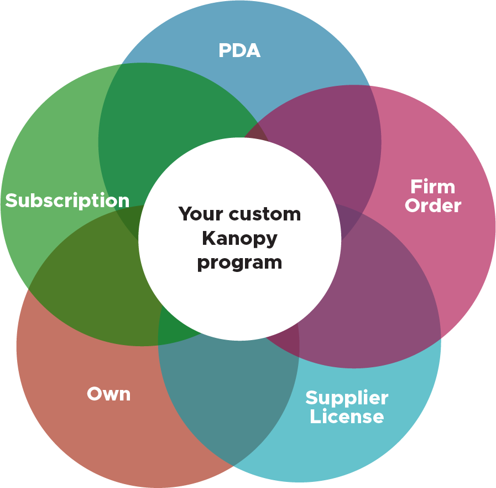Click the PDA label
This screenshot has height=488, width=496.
tap(239, 51)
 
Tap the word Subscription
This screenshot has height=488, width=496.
tap(67, 201)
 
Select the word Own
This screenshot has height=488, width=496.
tap(109, 394)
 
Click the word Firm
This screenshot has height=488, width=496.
tap(433, 186)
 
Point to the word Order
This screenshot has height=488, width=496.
tap(433, 206)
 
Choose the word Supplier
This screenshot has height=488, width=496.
tap(347, 398)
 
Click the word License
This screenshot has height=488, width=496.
tap(347, 417)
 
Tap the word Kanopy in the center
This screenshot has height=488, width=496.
tap(239, 238)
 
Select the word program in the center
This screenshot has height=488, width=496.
tap(239, 261)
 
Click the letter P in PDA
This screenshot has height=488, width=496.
tap(224, 51)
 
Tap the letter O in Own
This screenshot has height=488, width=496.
tap(95, 394)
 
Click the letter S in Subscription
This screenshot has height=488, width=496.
tap(11, 201)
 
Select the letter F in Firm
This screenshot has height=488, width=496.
tap(415, 186)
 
